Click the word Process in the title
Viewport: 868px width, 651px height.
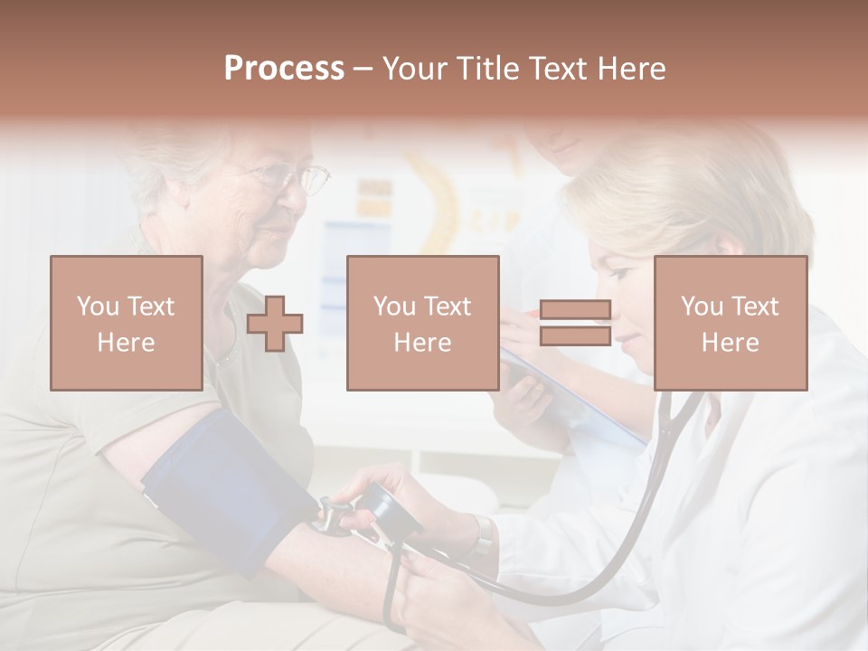[x=284, y=69]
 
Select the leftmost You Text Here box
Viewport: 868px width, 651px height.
[x=127, y=323]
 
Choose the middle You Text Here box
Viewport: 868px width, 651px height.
[x=423, y=323]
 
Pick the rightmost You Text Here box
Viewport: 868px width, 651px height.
[x=731, y=323]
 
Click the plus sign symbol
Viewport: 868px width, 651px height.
[x=275, y=324]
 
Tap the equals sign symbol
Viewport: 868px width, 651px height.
[x=575, y=324]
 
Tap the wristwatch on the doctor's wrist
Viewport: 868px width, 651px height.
[x=484, y=535]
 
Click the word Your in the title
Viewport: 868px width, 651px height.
[x=416, y=69]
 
